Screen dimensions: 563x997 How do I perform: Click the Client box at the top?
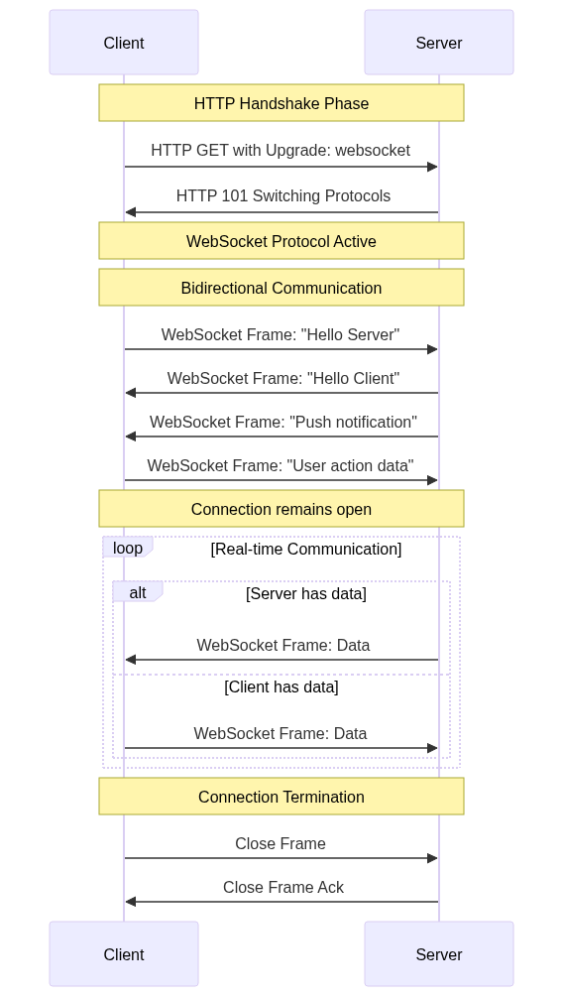[x=124, y=42]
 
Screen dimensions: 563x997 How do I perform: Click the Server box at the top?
[x=439, y=42]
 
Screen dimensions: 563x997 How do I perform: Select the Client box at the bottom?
[x=124, y=953]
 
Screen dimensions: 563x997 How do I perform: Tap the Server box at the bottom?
[x=439, y=953]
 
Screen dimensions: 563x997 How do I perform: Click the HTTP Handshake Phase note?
[x=281, y=102]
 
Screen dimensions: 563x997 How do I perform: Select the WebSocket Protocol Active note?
[x=281, y=240]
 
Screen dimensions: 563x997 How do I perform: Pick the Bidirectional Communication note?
[x=281, y=288]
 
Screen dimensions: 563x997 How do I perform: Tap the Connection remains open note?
[x=281, y=509]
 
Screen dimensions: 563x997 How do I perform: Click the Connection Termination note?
[x=281, y=796]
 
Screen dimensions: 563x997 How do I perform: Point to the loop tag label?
[x=128, y=548]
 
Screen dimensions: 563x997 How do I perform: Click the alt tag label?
[x=138, y=592]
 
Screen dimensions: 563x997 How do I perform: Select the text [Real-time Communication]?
[x=306, y=549]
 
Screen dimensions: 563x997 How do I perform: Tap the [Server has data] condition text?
[x=306, y=593]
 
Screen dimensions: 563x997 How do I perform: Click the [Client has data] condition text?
[x=281, y=686]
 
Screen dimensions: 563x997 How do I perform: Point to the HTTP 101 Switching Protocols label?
[x=283, y=195]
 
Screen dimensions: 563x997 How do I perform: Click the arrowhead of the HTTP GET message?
[x=433, y=167]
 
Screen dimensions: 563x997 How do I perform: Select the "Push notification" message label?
[x=283, y=423]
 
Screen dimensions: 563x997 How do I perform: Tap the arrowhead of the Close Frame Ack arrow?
[x=131, y=902]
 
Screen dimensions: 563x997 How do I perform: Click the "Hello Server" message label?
[x=281, y=334]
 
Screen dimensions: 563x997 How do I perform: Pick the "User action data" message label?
[x=281, y=465]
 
